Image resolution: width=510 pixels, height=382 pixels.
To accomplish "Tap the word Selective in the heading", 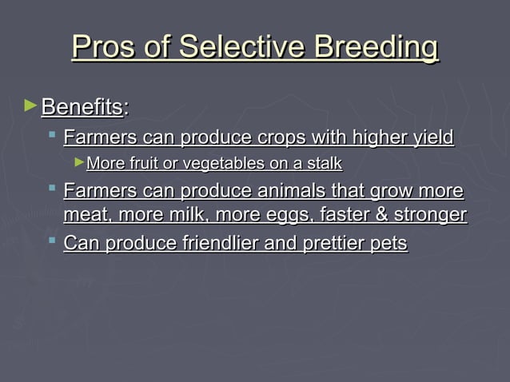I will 245,46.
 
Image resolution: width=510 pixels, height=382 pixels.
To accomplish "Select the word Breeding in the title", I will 376,48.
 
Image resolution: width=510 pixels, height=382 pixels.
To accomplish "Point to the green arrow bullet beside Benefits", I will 31,105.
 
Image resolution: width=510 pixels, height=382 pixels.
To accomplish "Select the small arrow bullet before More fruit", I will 78,163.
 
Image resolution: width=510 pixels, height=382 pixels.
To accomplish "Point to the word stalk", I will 324,164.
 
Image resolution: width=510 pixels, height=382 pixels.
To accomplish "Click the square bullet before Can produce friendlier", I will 51,240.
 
